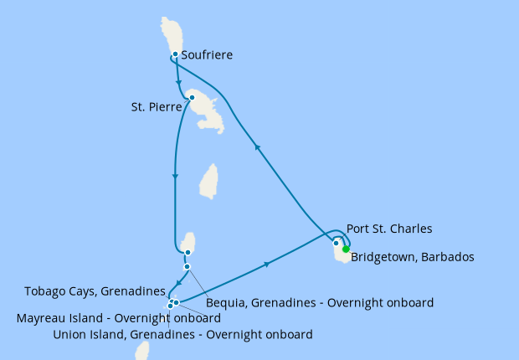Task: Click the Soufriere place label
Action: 207,56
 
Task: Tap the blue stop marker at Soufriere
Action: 175,54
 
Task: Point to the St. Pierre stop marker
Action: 192,97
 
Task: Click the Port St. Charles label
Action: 389,229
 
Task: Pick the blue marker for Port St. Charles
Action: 337,244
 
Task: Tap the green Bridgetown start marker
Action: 346,249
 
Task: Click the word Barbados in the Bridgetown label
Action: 447,257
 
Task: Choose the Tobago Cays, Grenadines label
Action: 94,291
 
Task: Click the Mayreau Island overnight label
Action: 119,318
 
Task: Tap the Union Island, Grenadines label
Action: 182,335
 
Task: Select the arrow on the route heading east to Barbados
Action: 267,265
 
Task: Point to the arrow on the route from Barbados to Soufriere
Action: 258,147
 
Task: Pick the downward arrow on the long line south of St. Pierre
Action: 174,176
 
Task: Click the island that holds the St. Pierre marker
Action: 206,111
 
